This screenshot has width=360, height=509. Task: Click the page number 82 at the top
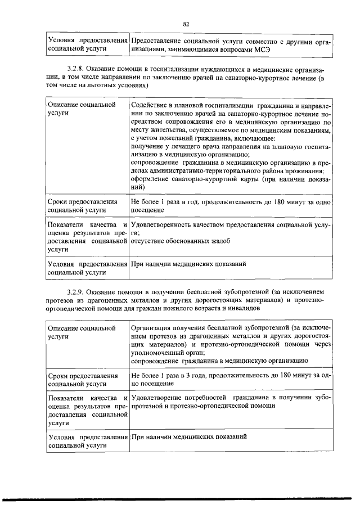tap(186, 23)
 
